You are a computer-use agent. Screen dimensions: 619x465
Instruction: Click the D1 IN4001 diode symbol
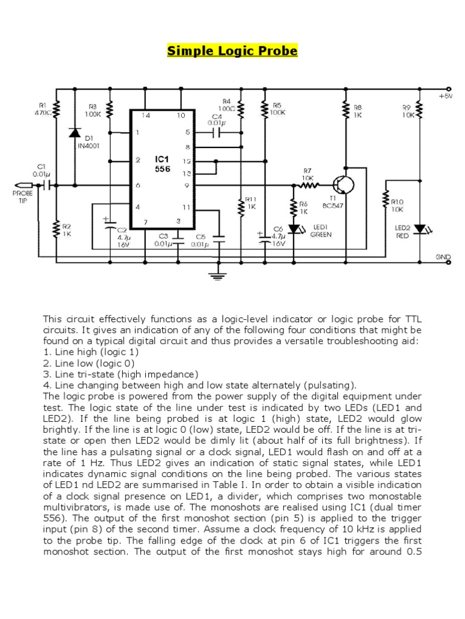[74, 132]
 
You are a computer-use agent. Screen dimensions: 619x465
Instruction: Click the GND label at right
[443, 257]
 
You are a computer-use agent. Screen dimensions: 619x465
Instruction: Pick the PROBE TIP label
[21, 196]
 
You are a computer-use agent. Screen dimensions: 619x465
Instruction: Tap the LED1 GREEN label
[321, 231]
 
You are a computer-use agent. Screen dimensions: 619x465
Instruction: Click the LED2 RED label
[403, 232]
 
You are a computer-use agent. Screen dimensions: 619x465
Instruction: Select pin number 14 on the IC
[145, 115]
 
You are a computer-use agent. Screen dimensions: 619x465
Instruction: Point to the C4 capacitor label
[217, 119]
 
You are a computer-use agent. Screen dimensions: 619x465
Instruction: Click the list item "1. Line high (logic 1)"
[91, 352]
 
